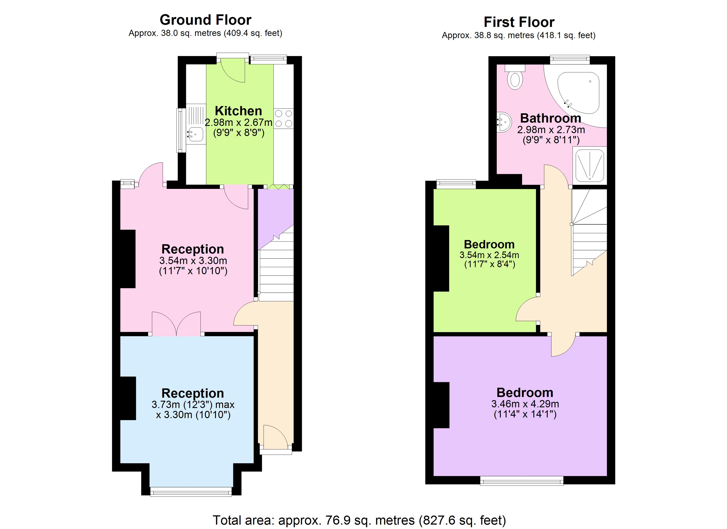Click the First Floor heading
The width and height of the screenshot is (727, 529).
(519, 22)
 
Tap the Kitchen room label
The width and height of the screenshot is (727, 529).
(238, 111)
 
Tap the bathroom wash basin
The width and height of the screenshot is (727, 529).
(504, 122)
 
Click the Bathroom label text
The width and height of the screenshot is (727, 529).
(550, 118)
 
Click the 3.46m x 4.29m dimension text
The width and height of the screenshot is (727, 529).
(525, 404)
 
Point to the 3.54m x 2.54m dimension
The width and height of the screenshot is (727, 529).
(489, 255)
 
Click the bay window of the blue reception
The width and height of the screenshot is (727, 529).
(191, 492)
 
